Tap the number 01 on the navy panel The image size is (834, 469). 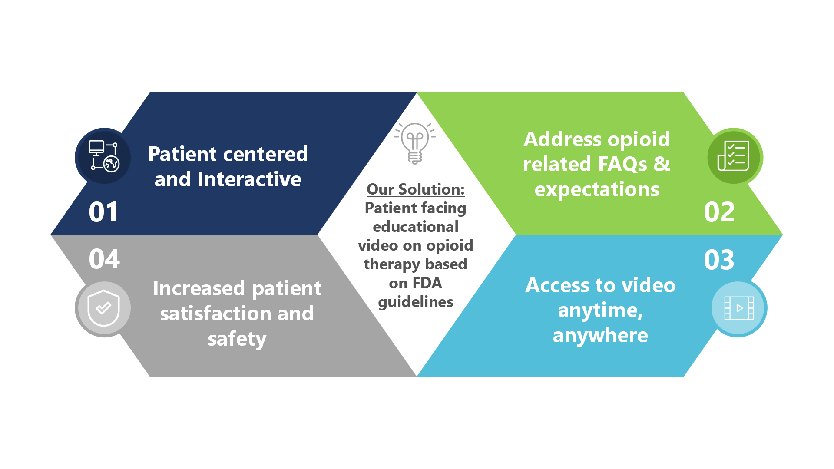(103, 212)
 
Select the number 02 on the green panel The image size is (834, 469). (719, 212)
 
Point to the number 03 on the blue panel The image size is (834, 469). (719, 260)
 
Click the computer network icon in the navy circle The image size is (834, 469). (103, 156)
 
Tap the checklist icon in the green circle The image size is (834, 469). (733, 155)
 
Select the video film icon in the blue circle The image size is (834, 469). (739, 308)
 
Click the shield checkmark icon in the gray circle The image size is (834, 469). (103, 308)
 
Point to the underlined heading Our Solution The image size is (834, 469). (416, 189)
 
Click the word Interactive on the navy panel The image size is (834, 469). (249, 179)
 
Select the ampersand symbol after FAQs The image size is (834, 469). (662, 164)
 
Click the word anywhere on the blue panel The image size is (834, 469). (600, 336)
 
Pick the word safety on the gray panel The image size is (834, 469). (237, 339)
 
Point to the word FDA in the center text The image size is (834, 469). (427, 283)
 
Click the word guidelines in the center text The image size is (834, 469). (416, 302)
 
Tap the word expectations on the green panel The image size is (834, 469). (597, 190)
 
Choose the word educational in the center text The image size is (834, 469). (416, 227)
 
